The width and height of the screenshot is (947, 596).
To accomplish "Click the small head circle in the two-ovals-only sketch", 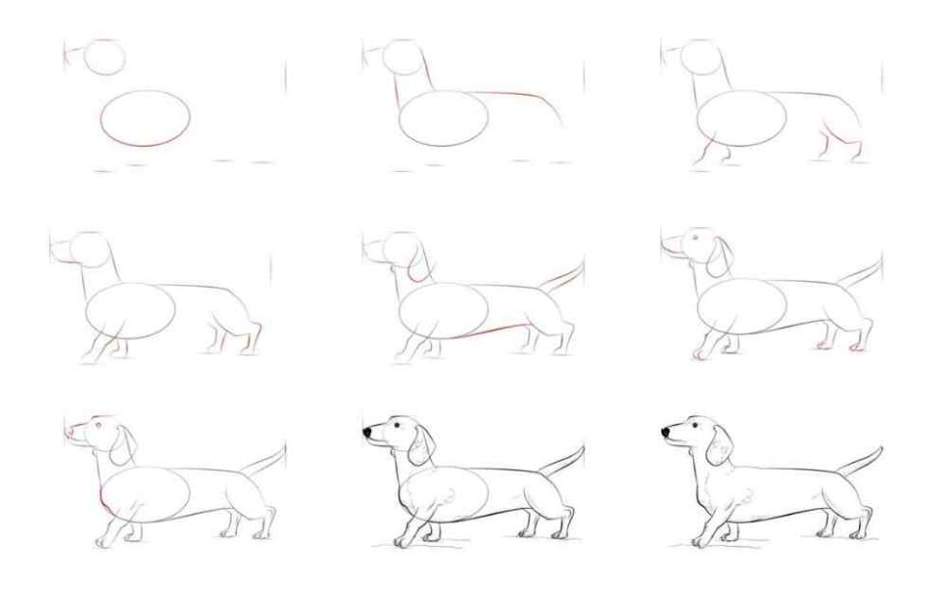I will tap(104, 57).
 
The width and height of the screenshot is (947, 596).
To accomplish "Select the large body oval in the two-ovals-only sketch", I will tap(145, 118).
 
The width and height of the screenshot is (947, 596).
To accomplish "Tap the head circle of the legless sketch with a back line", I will tap(399, 56).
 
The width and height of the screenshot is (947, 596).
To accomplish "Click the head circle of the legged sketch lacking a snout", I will tap(698, 56).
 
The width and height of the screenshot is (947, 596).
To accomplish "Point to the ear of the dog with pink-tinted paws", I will tap(719, 256).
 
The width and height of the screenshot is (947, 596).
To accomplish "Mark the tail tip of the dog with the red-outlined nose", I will tap(283, 446).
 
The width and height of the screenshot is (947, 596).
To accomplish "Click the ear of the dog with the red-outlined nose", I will tap(124, 443).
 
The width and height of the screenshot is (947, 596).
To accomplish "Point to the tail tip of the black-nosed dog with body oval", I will tap(583, 447).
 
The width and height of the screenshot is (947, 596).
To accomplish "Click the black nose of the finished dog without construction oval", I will tap(668, 432).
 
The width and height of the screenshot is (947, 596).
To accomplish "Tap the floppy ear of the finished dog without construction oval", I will tap(719, 443).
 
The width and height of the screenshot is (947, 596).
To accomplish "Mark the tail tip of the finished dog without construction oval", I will tap(880, 448).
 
